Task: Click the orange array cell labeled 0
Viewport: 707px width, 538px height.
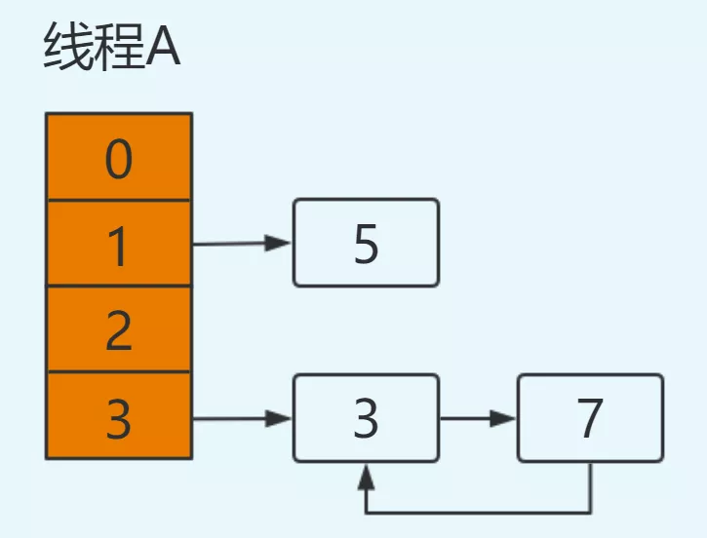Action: tap(119, 158)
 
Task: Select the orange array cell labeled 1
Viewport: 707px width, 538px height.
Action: tap(119, 244)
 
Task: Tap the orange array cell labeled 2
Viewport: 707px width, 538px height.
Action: tap(119, 329)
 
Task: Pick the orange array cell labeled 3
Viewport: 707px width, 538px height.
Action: tap(119, 416)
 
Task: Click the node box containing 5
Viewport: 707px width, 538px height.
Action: tap(366, 243)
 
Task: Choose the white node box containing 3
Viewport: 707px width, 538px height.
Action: tap(366, 418)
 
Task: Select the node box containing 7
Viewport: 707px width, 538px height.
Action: tap(590, 418)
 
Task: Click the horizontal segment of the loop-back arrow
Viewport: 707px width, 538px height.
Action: tap(478, 511)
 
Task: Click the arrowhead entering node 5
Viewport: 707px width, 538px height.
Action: tap(281, 244)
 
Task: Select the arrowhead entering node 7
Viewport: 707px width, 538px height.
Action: tap(505, 418)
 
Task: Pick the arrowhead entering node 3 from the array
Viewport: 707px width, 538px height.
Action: tap(281, 419)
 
